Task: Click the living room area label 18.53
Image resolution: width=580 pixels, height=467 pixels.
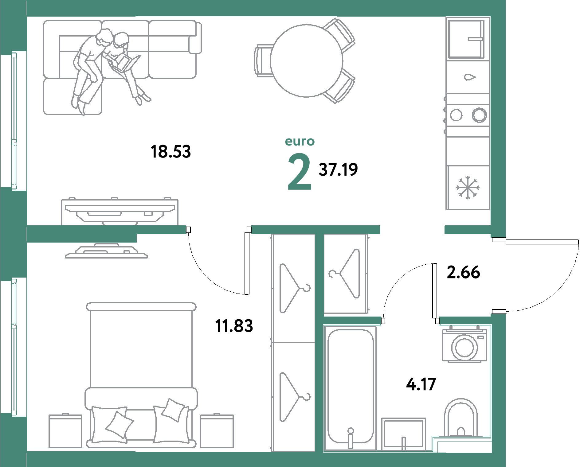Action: [x=171, y=152]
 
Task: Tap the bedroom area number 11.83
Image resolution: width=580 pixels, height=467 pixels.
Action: [x=234, y=326]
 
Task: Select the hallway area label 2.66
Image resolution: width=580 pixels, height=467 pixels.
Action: [x=463, y=272]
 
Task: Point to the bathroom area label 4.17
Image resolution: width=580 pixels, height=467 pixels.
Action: [x=421, y=384]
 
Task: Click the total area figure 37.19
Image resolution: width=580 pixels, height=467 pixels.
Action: [x=338, y=169]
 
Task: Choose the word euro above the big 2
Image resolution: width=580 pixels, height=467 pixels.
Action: [x=300, y=142]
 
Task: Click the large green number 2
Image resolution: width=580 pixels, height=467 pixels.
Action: [x=300, y=172]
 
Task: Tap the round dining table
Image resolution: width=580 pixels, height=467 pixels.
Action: [x=306, y=61]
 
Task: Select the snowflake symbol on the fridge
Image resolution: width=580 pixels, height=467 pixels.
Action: [x=468, y=188]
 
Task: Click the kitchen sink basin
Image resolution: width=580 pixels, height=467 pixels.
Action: [x=466, y=39]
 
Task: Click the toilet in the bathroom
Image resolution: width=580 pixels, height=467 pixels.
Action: [x=460, y=418]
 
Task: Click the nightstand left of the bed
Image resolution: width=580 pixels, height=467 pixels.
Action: [x=65, y=431]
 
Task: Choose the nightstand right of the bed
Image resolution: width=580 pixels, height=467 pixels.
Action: [x=217, y=431]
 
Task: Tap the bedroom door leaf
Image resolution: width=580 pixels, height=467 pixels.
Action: [x=247, y=263]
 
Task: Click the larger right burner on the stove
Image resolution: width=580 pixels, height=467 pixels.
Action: [x=479, y=115]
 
